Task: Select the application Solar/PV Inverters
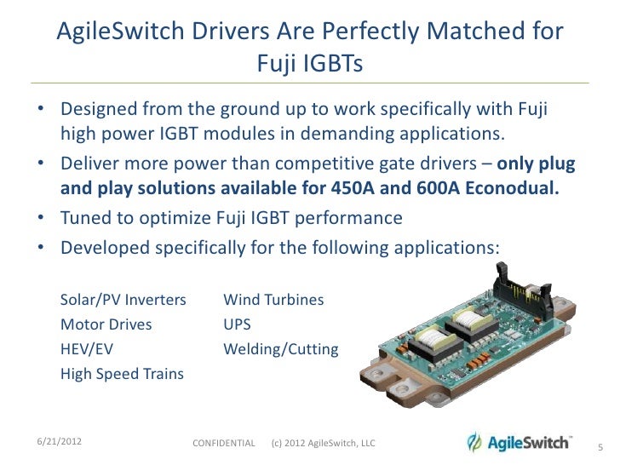pos(123,301)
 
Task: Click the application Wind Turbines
pos(273,301)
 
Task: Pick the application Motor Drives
pos(106,324)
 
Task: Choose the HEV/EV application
pos(86,349)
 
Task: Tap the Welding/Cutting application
pos(280,349)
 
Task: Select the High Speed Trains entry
pos(122,374)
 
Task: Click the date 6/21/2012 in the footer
pos(59,441)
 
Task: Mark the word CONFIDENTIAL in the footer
pos(224,444)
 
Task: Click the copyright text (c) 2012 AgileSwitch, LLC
pos(324,444)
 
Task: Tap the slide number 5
pos(600,446)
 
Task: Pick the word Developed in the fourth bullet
pos(101,248)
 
